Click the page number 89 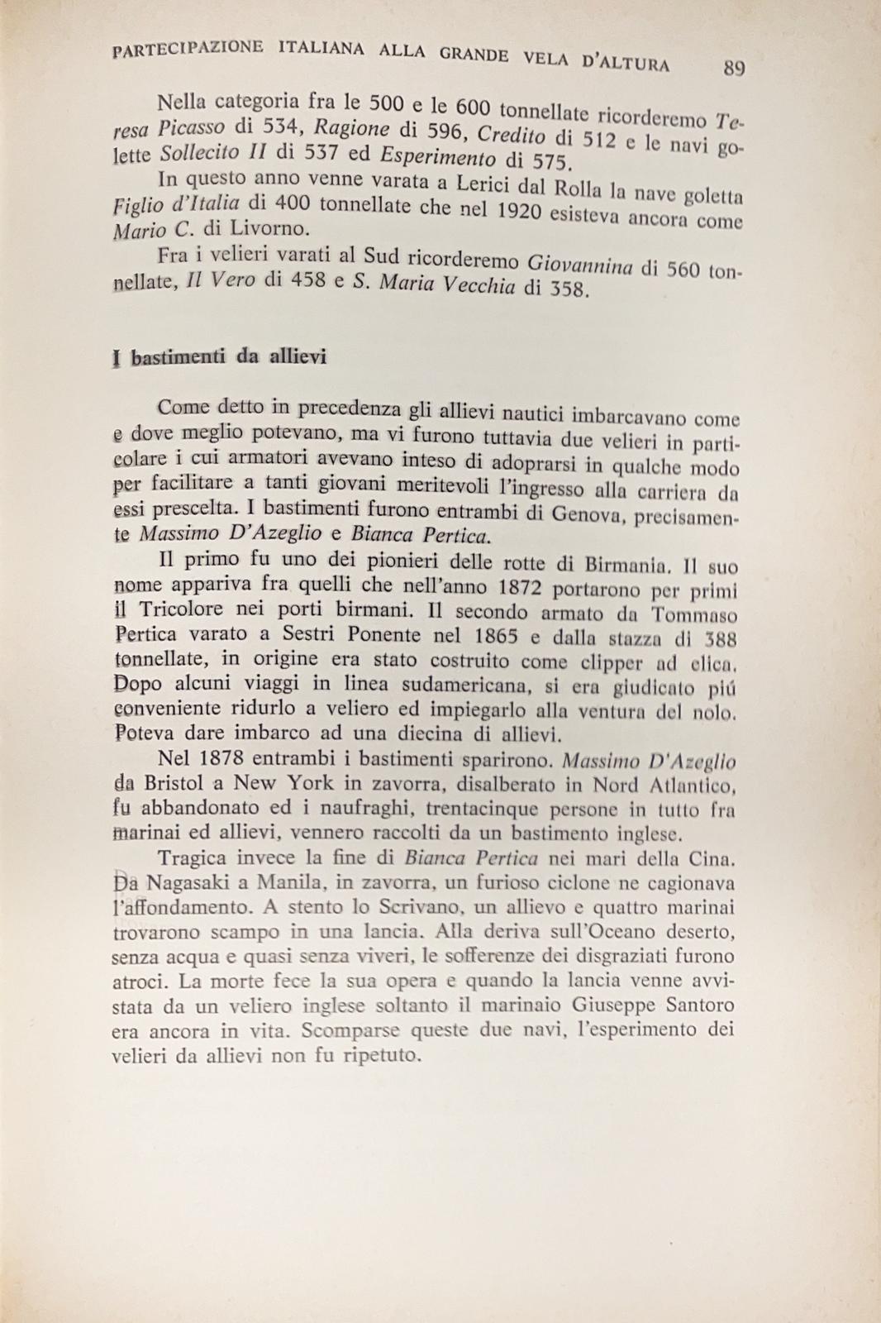(734, 69)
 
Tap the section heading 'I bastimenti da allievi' (219, 358)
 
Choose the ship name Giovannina (579, 266)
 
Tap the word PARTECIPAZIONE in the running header (188, 49)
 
